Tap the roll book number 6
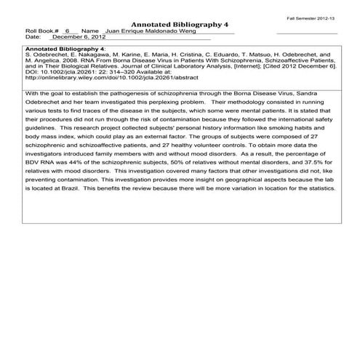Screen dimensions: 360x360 tap(67, 32)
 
